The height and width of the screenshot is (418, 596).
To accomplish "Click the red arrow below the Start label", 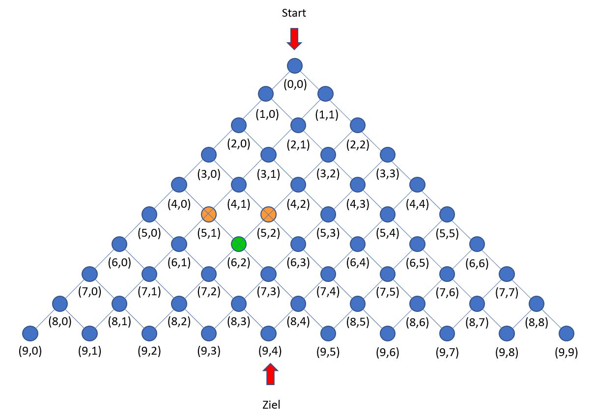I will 294,39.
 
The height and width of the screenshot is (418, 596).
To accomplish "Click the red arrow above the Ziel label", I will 270,374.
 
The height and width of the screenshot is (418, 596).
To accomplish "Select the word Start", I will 294,13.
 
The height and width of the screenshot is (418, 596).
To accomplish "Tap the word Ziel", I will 271,405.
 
